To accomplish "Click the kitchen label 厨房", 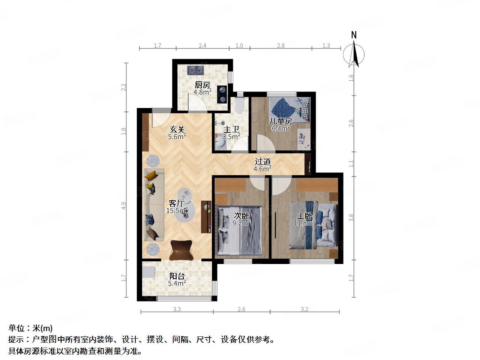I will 202,85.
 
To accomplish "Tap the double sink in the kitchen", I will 196,70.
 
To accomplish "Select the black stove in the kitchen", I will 222,94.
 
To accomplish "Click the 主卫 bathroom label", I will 231,130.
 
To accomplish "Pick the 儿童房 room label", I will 281,121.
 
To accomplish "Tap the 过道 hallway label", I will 262,162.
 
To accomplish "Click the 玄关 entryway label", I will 177,129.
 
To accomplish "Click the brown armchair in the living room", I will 181,250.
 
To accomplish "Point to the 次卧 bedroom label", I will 242,216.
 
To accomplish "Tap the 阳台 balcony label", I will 177,276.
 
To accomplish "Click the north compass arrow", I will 354,52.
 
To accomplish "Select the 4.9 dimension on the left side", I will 124,206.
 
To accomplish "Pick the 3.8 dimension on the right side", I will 351,217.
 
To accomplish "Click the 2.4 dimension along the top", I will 202,46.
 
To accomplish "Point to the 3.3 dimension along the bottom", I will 177,309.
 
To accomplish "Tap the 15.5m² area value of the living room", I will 177,211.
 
